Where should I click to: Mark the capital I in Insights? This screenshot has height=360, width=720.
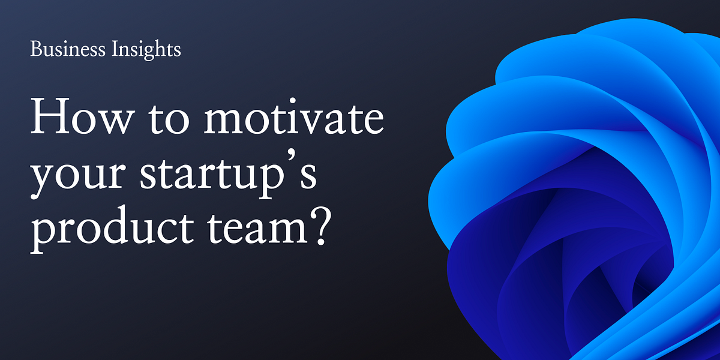coord(115,49)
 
